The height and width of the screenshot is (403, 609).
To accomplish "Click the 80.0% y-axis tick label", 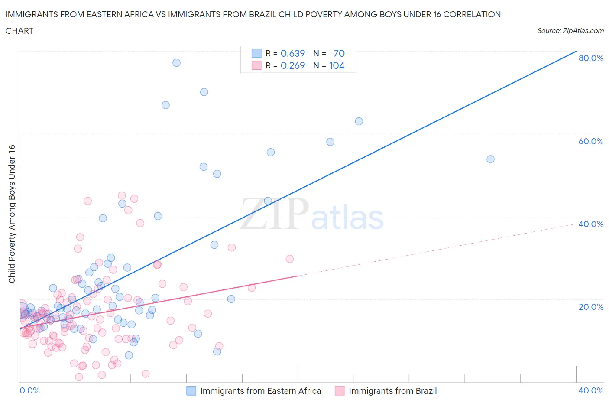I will click(x=591, y=58).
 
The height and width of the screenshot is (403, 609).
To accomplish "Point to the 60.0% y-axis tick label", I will click(x=591, y=141).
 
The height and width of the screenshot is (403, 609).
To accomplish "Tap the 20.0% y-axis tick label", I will click(x=591, y=307).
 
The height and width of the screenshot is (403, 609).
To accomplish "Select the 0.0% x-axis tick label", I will click(x=29, y=390).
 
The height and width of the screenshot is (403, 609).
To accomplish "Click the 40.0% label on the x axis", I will click(x=591, y=390).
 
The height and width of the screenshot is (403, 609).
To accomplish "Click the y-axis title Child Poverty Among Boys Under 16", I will click(x=12, y=214).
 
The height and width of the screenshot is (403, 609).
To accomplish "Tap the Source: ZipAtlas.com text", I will click(x=570, y=31).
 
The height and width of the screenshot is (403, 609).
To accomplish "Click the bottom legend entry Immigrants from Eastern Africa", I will click(x=260, y=391).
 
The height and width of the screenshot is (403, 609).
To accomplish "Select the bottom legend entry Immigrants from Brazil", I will click(x=392, y=391).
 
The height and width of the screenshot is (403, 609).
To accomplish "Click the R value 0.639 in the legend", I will click(x=293, y=53).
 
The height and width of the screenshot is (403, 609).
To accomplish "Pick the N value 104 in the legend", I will click(x=337, y=65).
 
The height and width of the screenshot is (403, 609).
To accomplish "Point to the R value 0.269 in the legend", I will click(x=293, y=65).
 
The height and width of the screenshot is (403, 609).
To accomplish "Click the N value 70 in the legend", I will click(x=339, y=53).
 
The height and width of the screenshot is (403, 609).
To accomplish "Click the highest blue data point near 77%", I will click(x=176, y=63).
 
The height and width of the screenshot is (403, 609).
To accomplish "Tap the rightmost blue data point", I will click(x=490, y=159).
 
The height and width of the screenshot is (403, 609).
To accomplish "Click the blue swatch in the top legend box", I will click(x=256, y=53).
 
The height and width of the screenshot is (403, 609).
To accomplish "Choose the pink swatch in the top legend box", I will click(x=256, y=65).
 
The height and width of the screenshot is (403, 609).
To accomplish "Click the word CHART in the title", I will click(x=19, y=31).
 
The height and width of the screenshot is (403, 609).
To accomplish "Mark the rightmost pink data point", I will click(x=289, y=259).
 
